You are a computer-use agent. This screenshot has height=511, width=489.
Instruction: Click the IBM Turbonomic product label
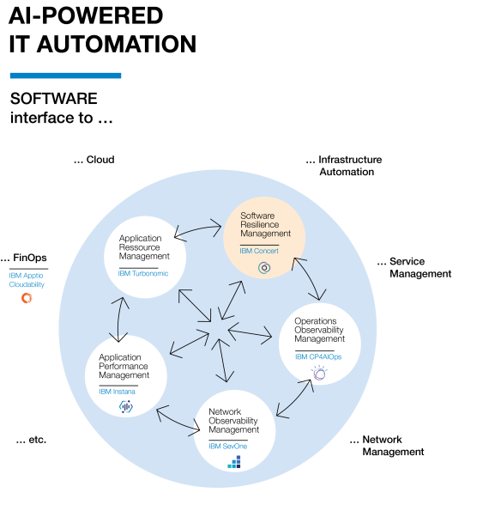143,273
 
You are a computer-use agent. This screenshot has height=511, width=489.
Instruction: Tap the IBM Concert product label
259,251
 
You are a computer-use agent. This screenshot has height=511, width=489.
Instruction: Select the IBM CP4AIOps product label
318,357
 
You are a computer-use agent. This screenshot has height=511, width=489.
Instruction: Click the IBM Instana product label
117,392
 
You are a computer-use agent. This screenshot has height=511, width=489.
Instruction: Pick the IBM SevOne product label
228,446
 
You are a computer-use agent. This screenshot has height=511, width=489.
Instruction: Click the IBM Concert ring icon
264,268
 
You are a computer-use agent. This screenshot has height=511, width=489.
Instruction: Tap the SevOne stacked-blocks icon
234,462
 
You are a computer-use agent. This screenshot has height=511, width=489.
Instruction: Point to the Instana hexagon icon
126,407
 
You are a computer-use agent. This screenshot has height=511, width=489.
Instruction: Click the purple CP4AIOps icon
319,373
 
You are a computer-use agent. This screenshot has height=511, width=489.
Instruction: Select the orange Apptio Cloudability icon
27,298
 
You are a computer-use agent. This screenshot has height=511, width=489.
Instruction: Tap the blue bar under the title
66,76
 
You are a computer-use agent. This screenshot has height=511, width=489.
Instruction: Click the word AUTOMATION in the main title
117,44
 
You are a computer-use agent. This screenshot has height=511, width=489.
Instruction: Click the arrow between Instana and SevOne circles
178,421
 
